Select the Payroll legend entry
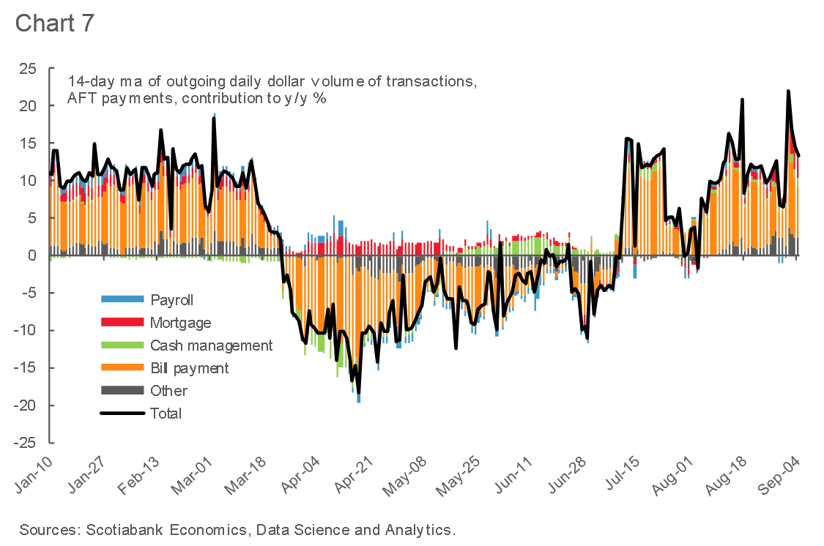click(x=172, y=299)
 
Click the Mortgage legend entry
click(x=180, y=322)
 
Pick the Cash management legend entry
click(x=211, y=345)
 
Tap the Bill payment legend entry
click(x=189, y=367)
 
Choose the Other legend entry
click(x=168, y=390)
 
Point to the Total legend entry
click(x=166, y=413)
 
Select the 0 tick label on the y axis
click(x=31, y=255)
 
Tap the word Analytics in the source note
click(x=420, y=529)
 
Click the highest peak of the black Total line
click(x=788, y=91)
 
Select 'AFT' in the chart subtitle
click(x=82, y=97)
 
